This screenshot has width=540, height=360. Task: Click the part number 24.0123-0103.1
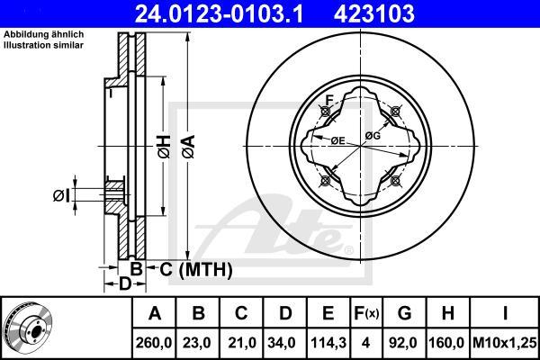click(219, 13)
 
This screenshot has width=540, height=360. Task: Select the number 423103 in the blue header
click(374, 13)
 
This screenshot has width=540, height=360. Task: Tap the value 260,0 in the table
click(154, 343)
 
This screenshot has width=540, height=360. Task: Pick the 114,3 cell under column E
click(328, 343)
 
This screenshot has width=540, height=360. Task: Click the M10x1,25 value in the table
click(505, 343)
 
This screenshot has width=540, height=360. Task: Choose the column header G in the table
click(404, 313)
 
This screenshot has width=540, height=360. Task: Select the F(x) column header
click(366, 313)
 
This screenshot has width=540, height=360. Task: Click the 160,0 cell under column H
click(446, 343)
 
